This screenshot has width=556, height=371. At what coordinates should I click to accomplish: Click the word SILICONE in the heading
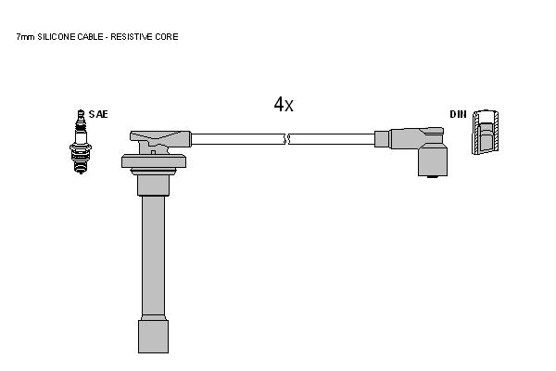(x=57, y=36)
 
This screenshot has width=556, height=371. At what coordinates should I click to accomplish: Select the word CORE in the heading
(x=166, y=36)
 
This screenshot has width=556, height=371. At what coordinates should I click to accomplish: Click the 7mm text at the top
(x=26, y=36)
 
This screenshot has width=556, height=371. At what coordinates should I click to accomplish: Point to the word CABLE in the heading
(x=91, y=36)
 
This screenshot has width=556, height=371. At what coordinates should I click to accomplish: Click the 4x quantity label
(x=284, y=105)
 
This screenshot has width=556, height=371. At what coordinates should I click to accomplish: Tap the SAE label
(x=98, y=114)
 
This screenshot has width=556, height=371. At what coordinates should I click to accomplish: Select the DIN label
(x=458, y=114)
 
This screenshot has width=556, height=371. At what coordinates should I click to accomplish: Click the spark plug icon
(x=81, y=142)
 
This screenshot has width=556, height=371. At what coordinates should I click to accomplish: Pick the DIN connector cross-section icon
(x=485, y=132)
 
